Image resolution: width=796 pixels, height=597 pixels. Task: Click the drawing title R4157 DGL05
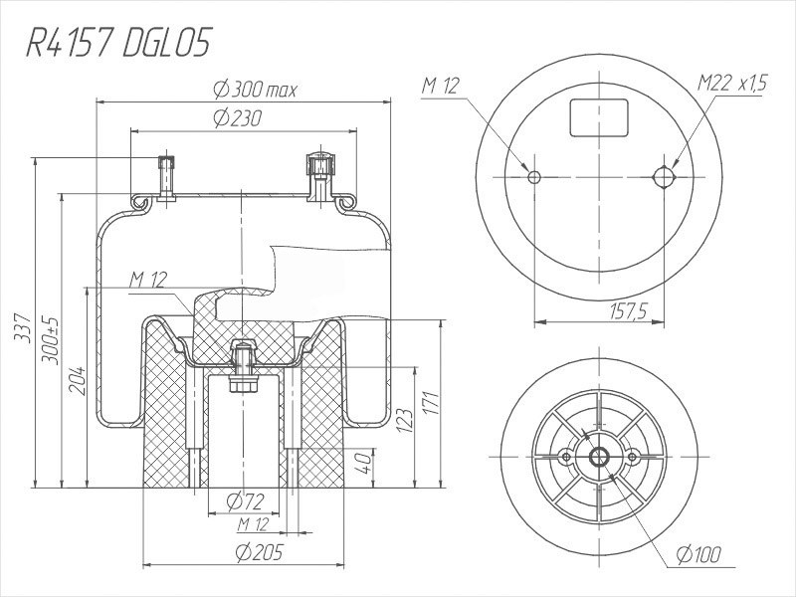tap(118, 44)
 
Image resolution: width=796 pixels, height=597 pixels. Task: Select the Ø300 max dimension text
tap(256, 90)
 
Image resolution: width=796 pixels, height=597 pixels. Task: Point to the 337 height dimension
tap(23, 327)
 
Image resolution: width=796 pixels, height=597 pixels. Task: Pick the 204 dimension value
tap(77, 379)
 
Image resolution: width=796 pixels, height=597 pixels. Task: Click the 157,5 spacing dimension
tap(627, 312)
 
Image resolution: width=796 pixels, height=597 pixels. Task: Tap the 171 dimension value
tap(430, 403)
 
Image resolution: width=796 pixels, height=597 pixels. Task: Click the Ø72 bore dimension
tap(246, 499)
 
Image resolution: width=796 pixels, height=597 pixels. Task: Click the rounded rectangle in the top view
tap(600, 117)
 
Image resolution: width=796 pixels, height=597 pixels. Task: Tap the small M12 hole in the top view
tap(534, 177)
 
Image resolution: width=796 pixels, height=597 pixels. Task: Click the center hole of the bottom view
tap(600, 456)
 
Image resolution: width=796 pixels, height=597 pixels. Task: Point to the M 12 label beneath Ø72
tap(254, 524)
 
